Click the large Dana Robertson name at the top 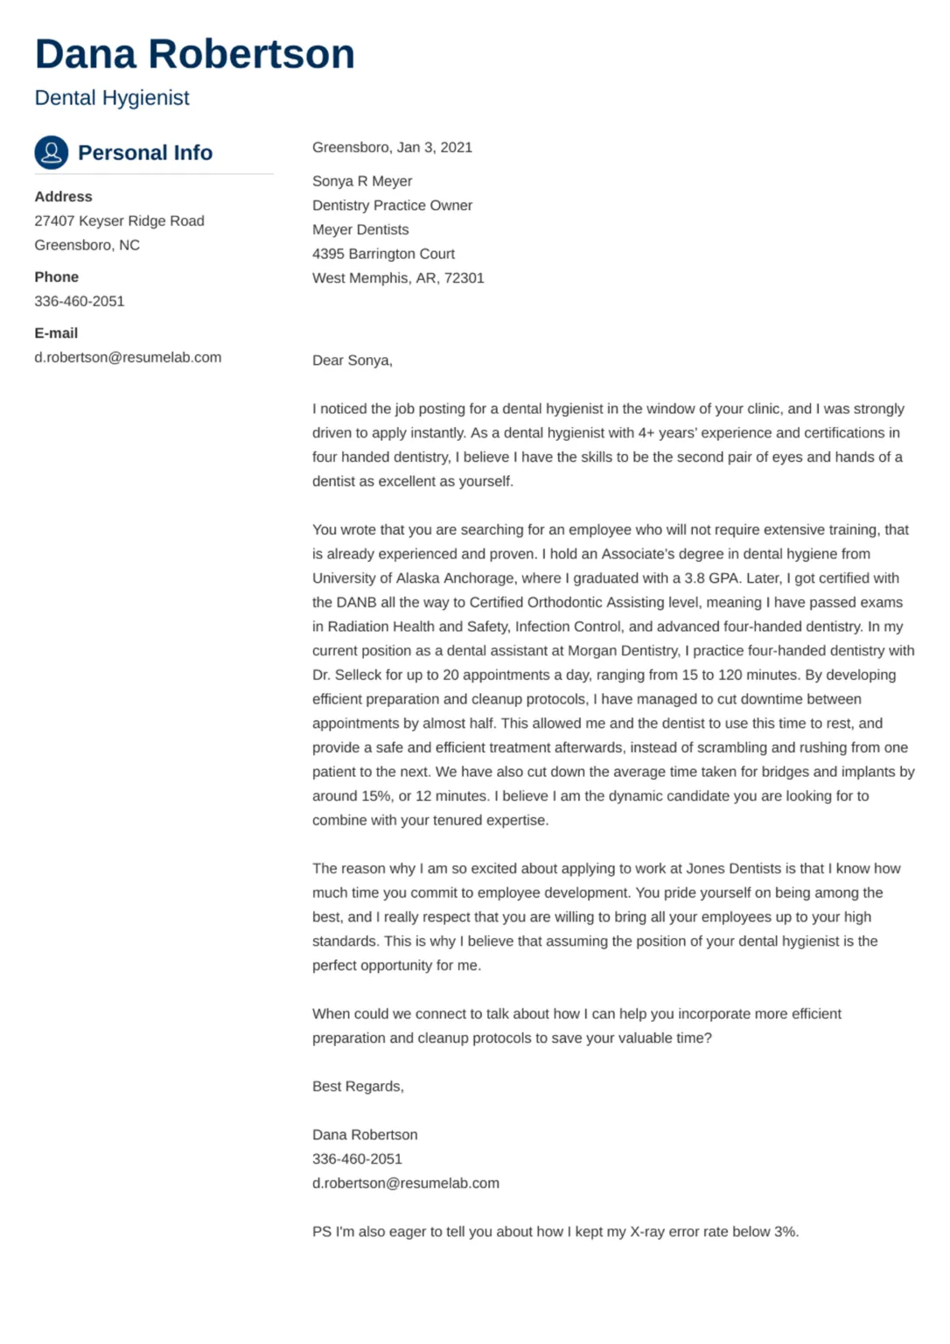[194, 54]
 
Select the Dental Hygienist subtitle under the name [112, 98]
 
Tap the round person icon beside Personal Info [52, 152]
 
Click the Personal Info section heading [145, 153]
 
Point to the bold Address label [63, 197]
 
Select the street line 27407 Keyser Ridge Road [119, 221]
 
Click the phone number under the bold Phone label [80, 301]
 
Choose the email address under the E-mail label [128, 357]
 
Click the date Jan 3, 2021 [434, 147]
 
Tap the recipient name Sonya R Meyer [362, 181]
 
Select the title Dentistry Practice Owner [392, 206]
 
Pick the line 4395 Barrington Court [383, 254]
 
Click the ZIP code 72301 [464, 278]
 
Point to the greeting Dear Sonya [352, 360]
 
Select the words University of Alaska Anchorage [414, 578]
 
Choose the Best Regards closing [358, 1087]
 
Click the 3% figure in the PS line [785, 1232]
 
